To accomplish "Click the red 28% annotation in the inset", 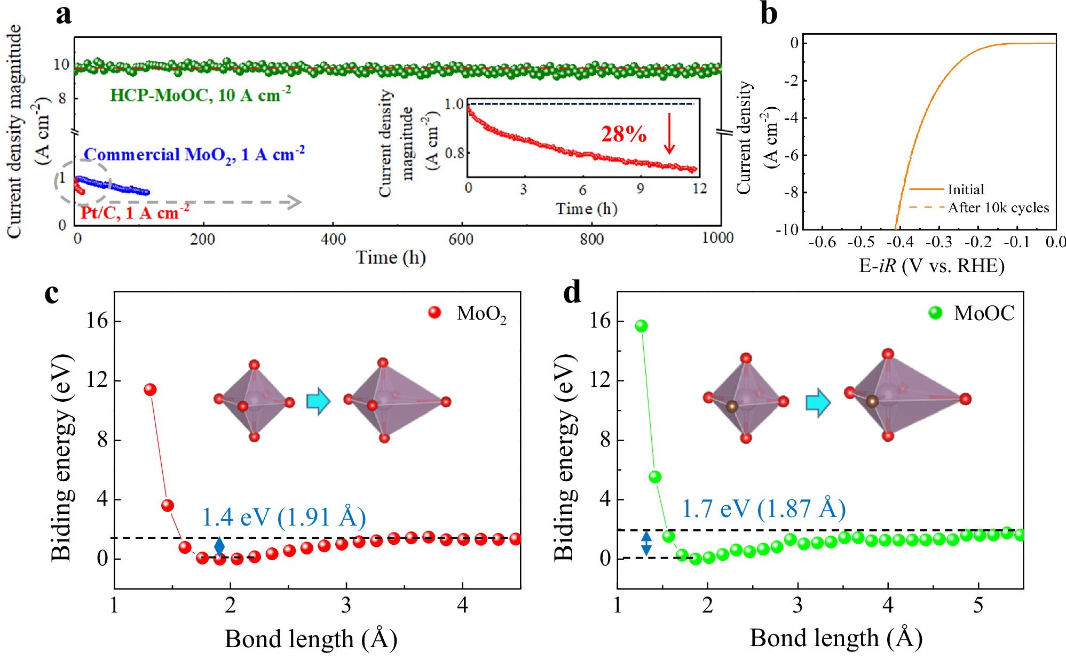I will (x=623, y=134).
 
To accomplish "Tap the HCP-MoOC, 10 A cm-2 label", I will (x=200, y=95).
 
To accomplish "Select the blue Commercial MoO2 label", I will (x=194, y=155).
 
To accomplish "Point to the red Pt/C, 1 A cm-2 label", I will (x=135, y=213).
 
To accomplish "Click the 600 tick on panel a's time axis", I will (x=461, y=239).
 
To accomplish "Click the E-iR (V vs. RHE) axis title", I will (x=931, y=265).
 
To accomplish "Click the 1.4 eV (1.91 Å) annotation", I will (x=284, y=516).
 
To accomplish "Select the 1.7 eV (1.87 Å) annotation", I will (x=764, y=508).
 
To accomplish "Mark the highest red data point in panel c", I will (x=150, y=389).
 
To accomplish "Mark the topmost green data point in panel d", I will (x=641, y=326).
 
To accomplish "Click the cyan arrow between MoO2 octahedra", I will (x=318, y=401).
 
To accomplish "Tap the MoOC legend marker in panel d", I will (x=935, y=313).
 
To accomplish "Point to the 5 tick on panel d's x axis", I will (x=978, y=605).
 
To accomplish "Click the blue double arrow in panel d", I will (x=646, y=543).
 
